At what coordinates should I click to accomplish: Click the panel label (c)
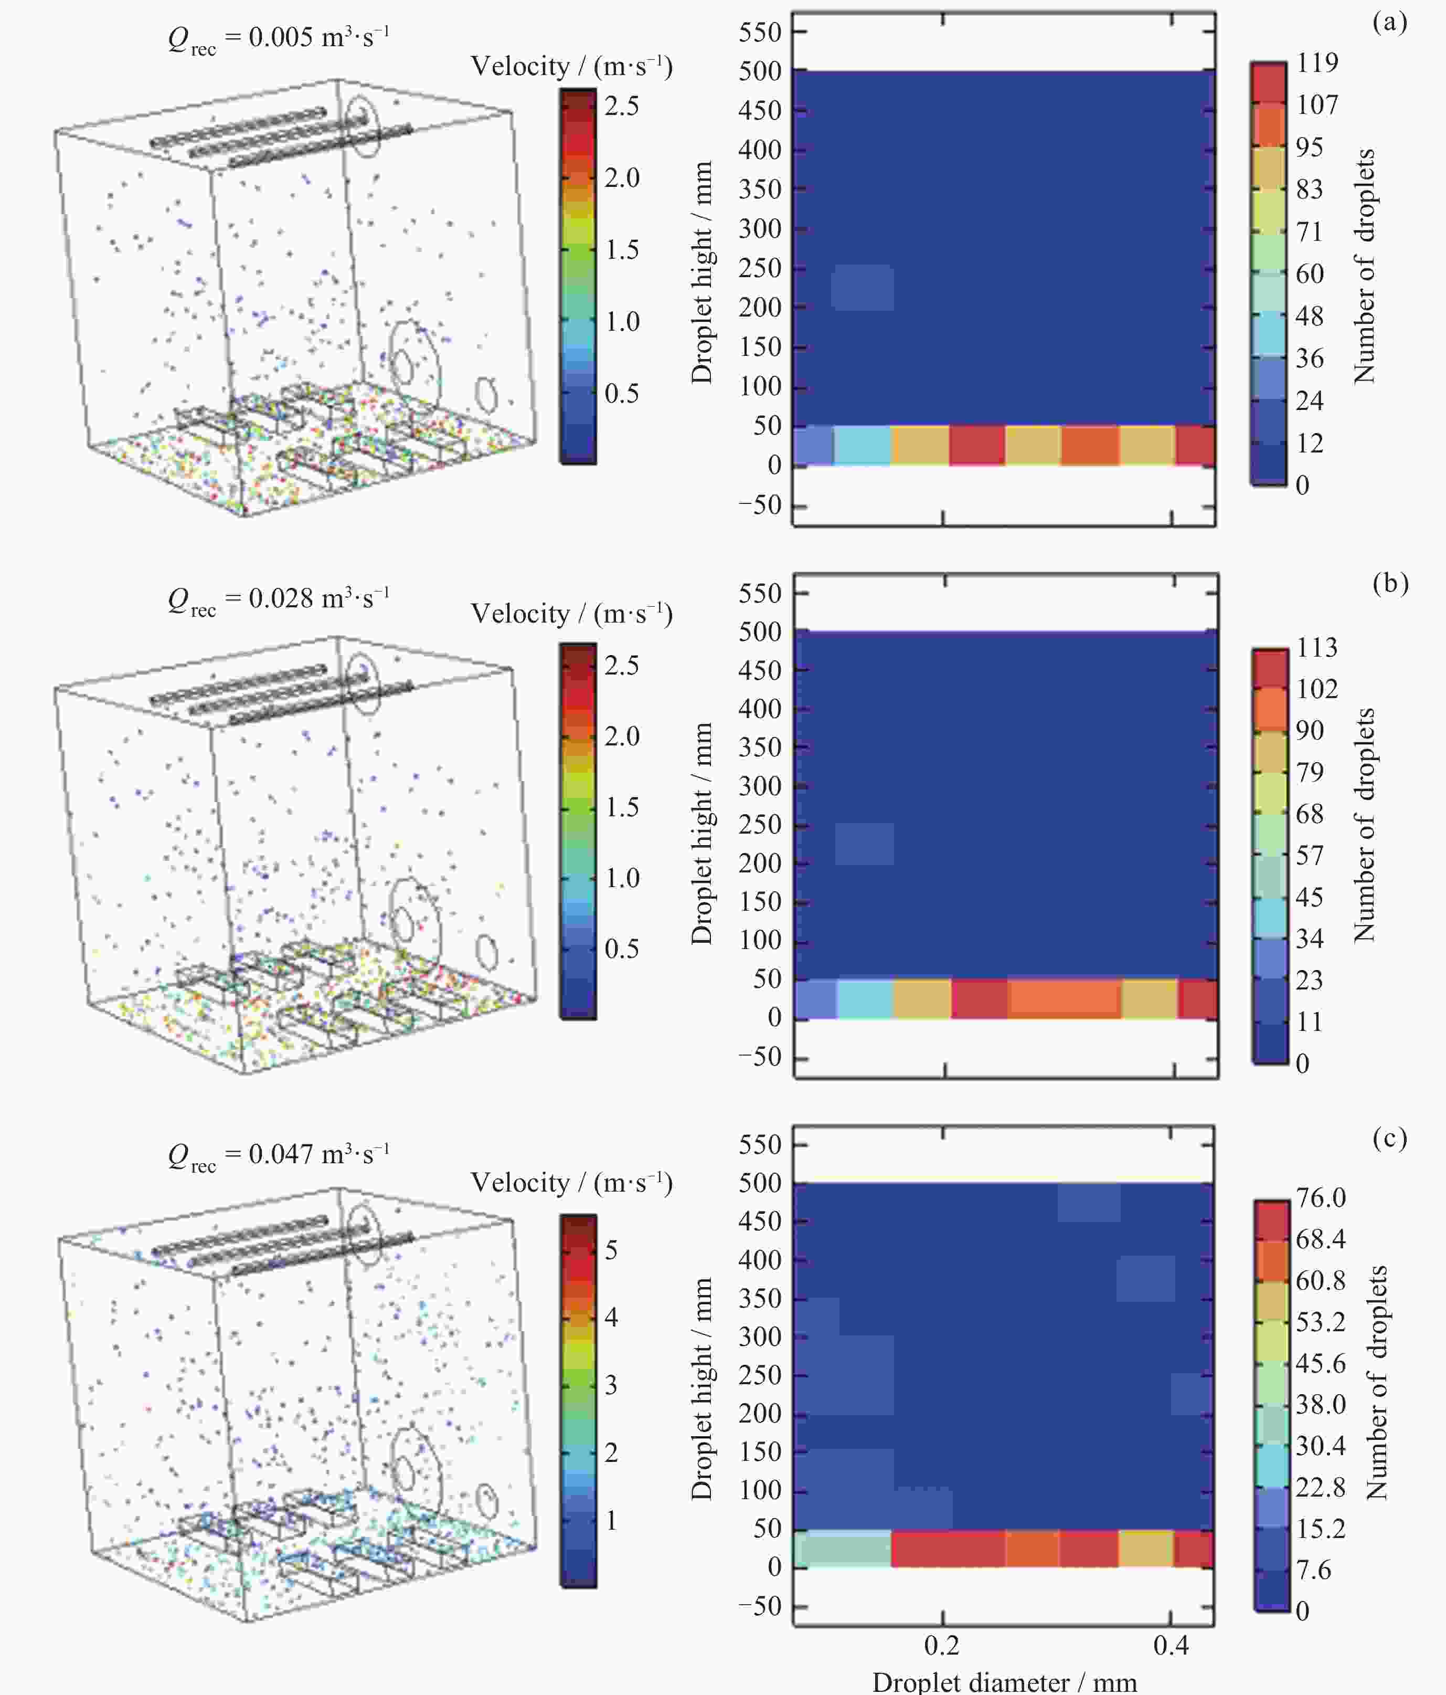(1389, 1138)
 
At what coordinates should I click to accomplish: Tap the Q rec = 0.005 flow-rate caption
(278, 38)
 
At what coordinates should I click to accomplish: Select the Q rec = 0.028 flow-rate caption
(278, 599)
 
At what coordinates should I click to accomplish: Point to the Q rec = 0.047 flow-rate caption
(278, 1154)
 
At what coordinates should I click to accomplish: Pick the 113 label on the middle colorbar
(1317, 647)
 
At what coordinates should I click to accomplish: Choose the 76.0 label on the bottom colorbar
(1320, 1197)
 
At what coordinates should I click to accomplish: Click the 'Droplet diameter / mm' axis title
(1004, 1682)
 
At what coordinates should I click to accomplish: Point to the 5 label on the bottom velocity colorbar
(610, 1250)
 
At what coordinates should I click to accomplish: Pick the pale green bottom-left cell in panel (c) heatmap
(843, 1549)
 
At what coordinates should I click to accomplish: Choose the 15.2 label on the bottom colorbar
(1320, 1528)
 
